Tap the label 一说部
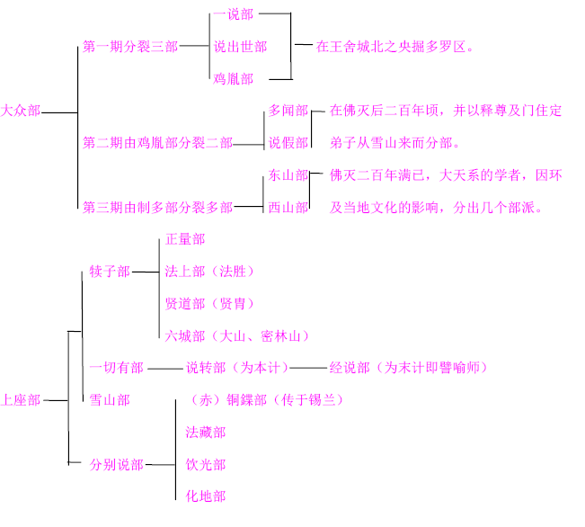(x=233, y=15)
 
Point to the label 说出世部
(x=240, y=46)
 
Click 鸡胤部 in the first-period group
(x=233, y=78)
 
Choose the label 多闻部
(x=288, y=111)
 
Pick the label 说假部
(x=288, y=143)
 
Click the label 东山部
(x=288, y=175)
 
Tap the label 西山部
(x=288, y=208)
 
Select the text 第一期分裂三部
(x=129, y=46)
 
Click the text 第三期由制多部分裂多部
(x=157, y=208)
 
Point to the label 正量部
(x=185, y=239)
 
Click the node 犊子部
(x=110, y=272)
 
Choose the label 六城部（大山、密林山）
(x=236, y=336)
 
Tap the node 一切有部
(x=116, y=368)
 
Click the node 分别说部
(x=116, y=465)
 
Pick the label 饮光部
(x=205, y=465)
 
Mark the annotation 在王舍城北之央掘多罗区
(x=394, y=46)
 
